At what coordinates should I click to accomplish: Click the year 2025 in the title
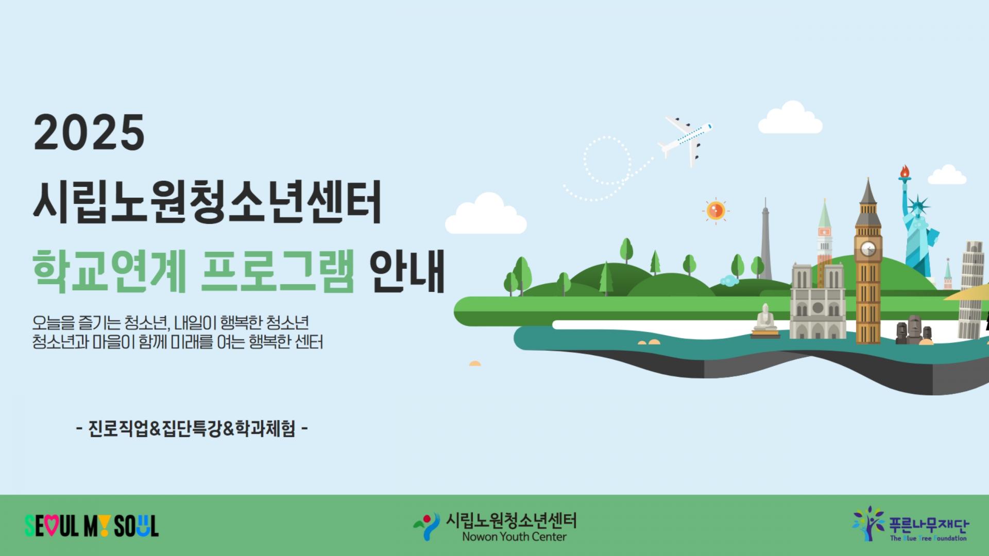(89, 132)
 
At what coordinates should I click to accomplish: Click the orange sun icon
(715, 211)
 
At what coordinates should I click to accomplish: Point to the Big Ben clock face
(868, 249)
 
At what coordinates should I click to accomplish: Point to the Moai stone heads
(910, 329)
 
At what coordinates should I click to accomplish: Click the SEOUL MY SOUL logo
(92, 526)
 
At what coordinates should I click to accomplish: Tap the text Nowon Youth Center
(514, 537)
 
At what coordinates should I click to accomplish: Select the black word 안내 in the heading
(407, 271)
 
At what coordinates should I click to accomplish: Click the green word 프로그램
(278, 271)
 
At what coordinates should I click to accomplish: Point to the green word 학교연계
(109, 271)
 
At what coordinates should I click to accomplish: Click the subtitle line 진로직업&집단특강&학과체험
(192, 428)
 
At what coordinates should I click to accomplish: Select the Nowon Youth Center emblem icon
(427, 526)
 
